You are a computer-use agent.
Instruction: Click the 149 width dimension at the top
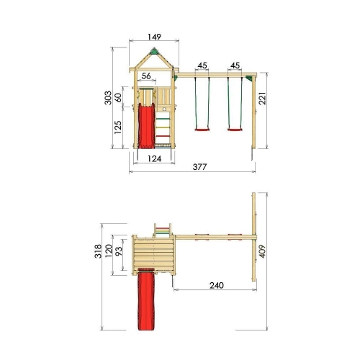pyautogui.click(x=154, y=37)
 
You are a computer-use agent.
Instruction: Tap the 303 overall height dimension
pyautogui.click(x=108, y=98)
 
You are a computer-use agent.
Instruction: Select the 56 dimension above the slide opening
pyautogui.click(x=146, y=76)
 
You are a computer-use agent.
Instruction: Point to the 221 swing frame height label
pyautogui.click(x=262, y=98)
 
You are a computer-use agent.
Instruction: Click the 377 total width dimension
pyautogui.click(x=199, y=166)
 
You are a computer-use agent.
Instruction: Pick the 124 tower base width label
pyautogui.click(x=154, y=158)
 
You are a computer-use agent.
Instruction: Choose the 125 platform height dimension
pyautogui.click(x=118, y=127)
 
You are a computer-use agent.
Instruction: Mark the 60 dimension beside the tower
pyautogui.click(x=118, y=97)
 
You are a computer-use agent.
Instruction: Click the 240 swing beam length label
pyautogui.click(x=217, y=285)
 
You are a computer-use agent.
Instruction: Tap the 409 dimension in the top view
pyautogui.click(x=262, y=251)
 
